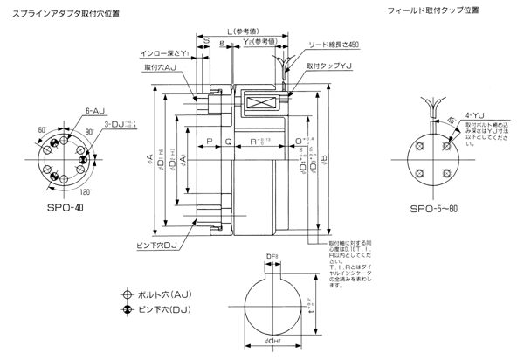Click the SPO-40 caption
pos(66,211)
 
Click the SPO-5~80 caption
pos(434,211)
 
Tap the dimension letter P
pos(210,140)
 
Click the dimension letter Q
pos(229,140)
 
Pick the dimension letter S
pos(204,41)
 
